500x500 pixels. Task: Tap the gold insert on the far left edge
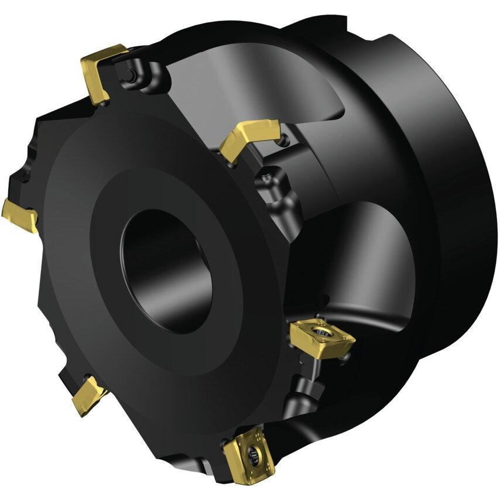(x=19, y=214)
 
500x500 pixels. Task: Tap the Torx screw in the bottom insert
(x=254, y=451)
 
